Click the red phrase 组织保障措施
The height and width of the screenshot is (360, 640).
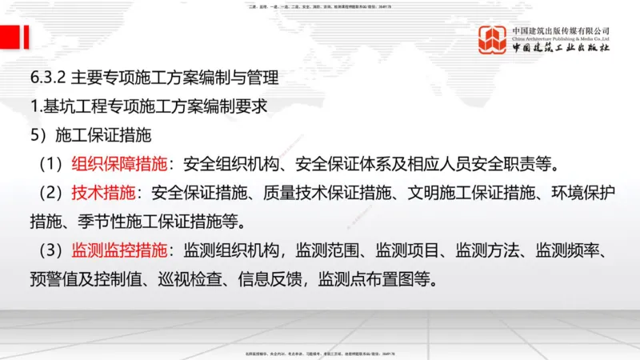point(119,165)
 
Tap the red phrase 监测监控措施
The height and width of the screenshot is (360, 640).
point(119,250)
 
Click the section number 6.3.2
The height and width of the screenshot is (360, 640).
point(46,78)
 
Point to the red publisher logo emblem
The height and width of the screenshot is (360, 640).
point(493,40)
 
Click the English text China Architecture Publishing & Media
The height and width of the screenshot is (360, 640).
point(560,38)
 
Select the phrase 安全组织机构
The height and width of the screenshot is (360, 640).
point(231,165)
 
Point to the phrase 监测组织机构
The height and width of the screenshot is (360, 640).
point(231,250)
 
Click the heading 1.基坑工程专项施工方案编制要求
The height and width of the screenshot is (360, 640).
point(147,106)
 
